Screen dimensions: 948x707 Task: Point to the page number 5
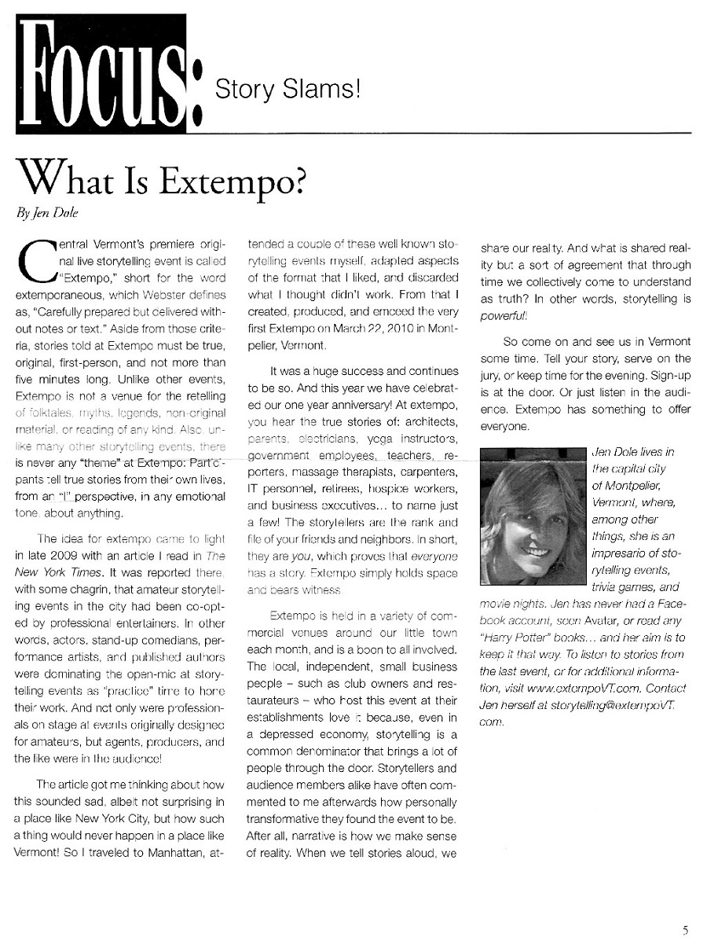tap(685, 931)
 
